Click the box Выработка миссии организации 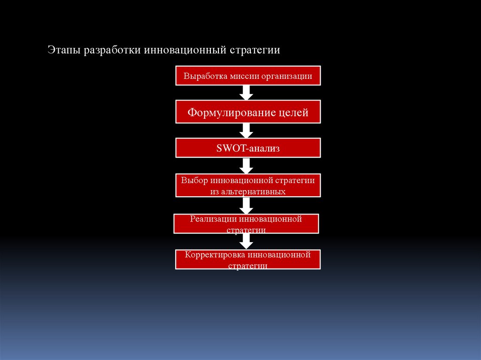[248, 76]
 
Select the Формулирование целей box [248, 112]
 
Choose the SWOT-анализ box [248, 148]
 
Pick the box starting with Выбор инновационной [248, 185]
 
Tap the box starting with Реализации [246, 223]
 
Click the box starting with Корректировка [248, 259]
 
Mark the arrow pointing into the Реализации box [246, 205]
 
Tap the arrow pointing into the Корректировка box [246, 241]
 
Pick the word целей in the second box [293, 112]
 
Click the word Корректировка [215, 255]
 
